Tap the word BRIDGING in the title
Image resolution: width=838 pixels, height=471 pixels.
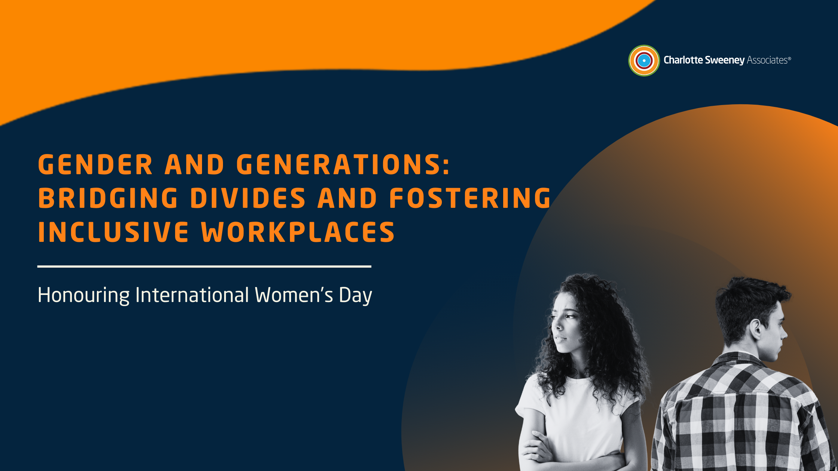click(x=108, y=198)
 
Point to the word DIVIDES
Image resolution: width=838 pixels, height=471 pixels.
click(x=248, y=198)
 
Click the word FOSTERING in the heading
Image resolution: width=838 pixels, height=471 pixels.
click(x=470, y=198)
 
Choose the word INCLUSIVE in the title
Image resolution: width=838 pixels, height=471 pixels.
click(x=113, y=232)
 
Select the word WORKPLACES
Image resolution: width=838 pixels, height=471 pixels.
click(x=298, y=232)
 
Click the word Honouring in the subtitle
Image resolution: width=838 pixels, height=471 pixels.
click(x=83, y=295)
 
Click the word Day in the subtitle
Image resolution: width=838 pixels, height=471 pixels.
click(x=355, y=295)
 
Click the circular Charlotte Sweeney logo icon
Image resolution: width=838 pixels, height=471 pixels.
click(x=644, y=61)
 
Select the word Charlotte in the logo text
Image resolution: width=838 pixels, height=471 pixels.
click(x=683, y=60)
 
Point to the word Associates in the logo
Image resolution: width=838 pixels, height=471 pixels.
click(x=767, y=60)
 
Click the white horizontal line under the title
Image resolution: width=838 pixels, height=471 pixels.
click(x=204, y=267)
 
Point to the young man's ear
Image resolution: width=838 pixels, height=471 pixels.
click(x=756, y=329)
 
